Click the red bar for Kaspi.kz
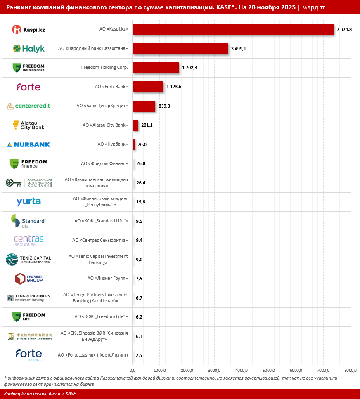coord(233,30)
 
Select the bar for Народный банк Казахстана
coord(180,49)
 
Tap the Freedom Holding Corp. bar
coord(156,68)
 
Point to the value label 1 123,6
coord(177,87)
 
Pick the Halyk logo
coord(28,49)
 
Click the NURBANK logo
coord(28,144)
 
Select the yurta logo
coord(28,202)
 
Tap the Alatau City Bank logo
coord(28,125)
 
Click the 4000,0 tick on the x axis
coord(242,370)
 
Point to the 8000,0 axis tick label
coord(351,370)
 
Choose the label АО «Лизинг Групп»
coord(107,279)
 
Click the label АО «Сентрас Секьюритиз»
coord(100,240)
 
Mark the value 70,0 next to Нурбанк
coord(142,144)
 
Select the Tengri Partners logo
coord(28,297)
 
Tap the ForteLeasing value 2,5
coord(139,355)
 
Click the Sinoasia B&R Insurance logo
coord(30,336)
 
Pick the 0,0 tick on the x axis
coord(133,370)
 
